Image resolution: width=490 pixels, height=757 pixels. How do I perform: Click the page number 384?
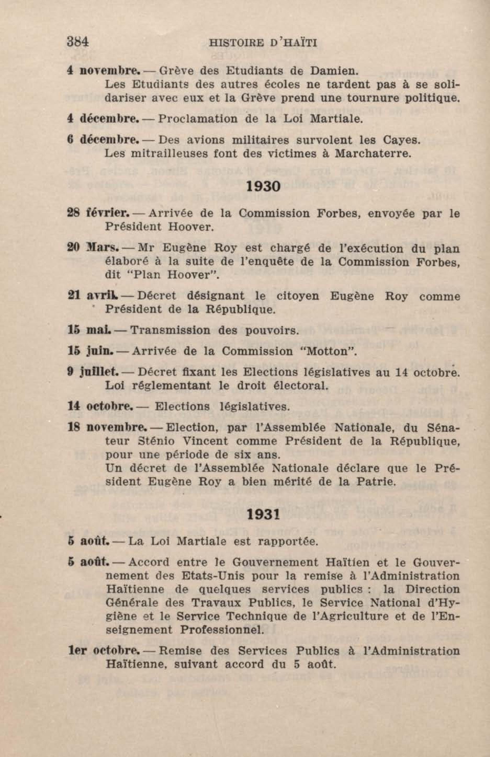click(78, 42)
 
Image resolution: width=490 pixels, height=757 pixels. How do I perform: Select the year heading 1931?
click(263, 515)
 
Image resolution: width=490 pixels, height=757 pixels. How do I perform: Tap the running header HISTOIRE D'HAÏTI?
click(263, 43)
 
